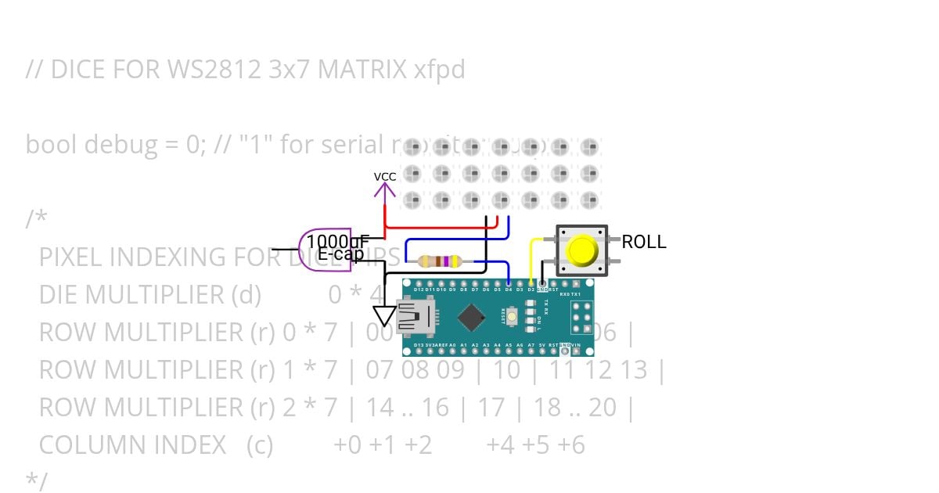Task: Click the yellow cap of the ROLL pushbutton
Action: (581, 250)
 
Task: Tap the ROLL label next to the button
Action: (643, 243)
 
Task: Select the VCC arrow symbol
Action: (384, 187)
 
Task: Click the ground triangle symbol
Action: (384, 315)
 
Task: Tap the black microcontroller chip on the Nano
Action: (471, 317)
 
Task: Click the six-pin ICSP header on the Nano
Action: (581, 317)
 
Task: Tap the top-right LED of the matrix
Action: (589, 146)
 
